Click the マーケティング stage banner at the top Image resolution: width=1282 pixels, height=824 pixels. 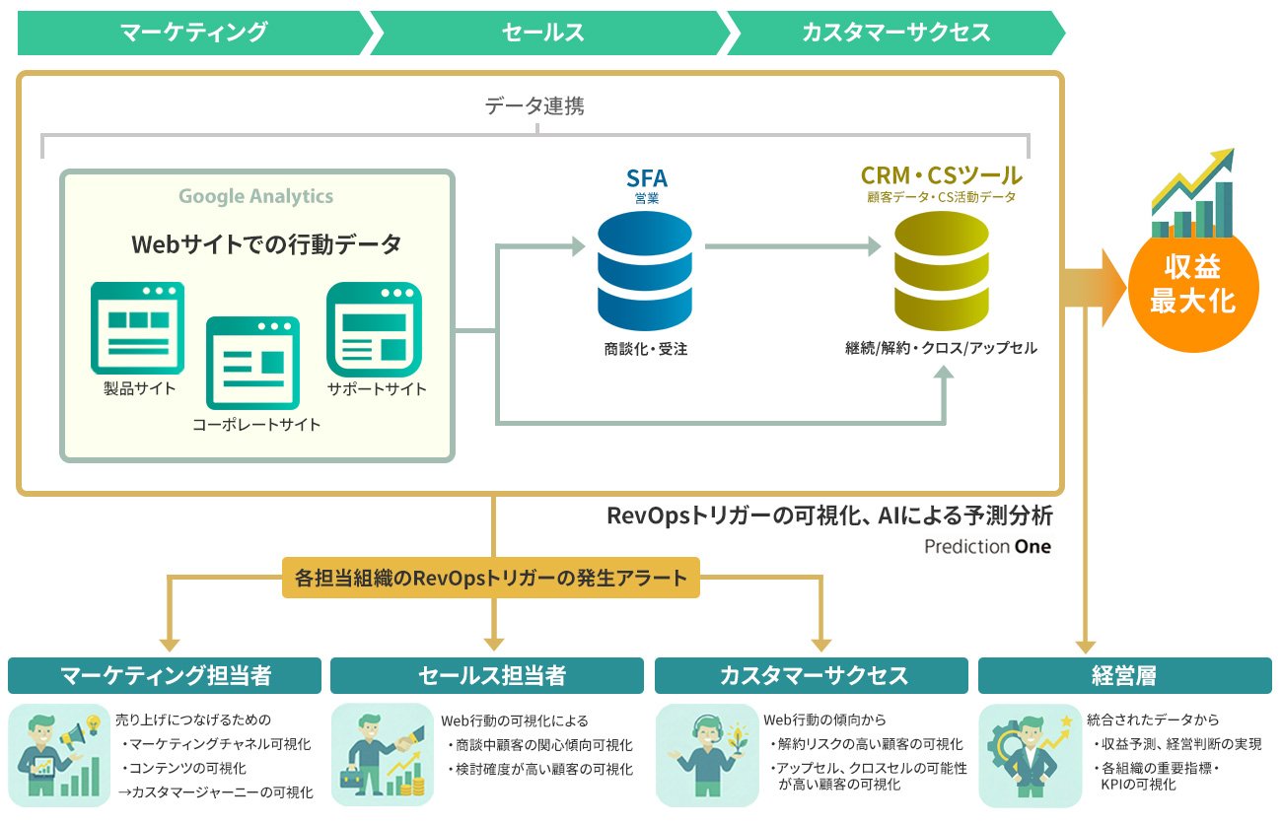pyautogui.click(x=193, y=32)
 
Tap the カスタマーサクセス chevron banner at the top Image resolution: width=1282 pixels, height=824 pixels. pyautogui.click(x=894, y=32)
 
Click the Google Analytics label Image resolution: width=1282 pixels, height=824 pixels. pyautogui.click(x=255, y=196)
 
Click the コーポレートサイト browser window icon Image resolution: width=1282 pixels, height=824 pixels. pyautogui.click(x=252, y=362)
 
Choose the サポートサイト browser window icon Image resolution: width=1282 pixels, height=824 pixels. pyautogui.click(x=374, y=328)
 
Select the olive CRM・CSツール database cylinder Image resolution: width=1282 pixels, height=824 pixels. pyautogui.click(x=941, y=272)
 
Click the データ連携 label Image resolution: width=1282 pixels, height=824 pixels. pyautogui.click(x=534, y=106)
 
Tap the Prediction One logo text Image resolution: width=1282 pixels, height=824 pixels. pyautogui.click(x=987, y=546)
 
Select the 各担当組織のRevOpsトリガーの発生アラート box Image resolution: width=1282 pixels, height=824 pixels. pyautogui.click(x=490, y=578)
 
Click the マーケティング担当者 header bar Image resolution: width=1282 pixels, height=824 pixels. pyautogui.click(x=165, y=676)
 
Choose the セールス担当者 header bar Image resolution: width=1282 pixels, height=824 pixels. pyautogui.click(x=491, y=676)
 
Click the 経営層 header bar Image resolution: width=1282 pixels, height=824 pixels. pyautogui.click(x=1124, y=676)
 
